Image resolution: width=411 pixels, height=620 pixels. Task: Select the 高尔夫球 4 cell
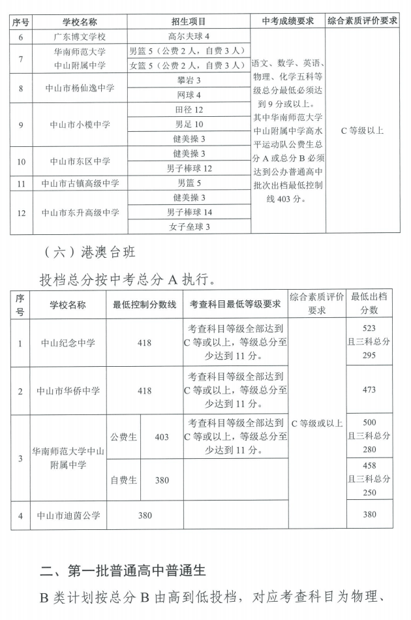[189, 37]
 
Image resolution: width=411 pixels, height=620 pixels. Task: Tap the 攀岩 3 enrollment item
[189, 80]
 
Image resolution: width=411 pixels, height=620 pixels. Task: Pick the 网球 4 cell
[189, 95]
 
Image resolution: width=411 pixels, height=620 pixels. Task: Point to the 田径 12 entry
[189, 110]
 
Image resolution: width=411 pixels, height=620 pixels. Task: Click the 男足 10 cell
[189, 124]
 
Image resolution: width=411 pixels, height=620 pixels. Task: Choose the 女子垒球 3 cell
[189, 226]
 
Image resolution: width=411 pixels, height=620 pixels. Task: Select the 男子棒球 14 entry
[189, 212]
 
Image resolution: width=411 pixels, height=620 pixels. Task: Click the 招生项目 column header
[189, 21]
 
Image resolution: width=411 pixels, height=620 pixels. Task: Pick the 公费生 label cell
[123, 437]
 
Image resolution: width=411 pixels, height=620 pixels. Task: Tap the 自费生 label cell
[123, 480]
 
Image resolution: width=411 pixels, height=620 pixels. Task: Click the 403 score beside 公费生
[162, 437]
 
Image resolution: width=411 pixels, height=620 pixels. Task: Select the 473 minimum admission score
[369, 390]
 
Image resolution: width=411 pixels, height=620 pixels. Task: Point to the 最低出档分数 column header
[369, 303]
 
